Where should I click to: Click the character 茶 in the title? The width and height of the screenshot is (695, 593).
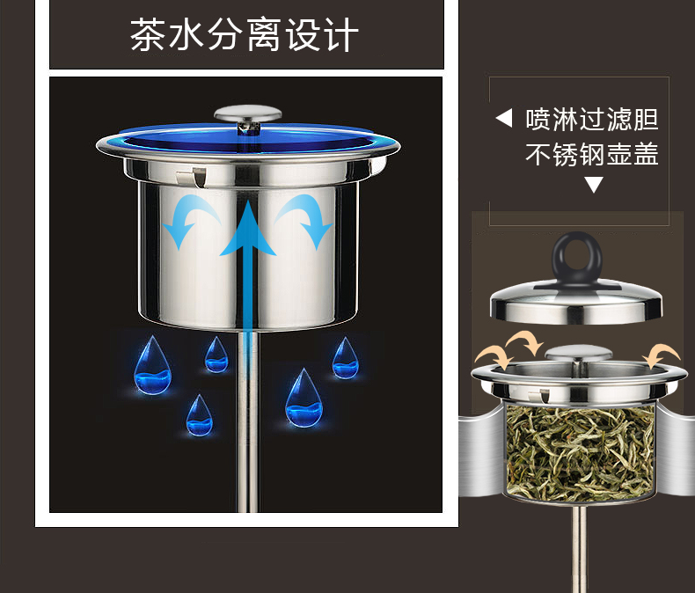pos(148,34)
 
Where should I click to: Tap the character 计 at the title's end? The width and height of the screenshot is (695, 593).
pos(340,34)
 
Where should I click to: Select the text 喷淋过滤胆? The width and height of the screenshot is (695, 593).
pos(592,120)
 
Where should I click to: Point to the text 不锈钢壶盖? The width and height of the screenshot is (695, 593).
pos(592,154)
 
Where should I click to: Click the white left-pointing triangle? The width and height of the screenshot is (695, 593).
pos(504,118)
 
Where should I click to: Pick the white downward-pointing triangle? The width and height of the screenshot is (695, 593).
pos(594,185)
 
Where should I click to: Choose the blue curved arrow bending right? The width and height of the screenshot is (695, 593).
pos(305,218)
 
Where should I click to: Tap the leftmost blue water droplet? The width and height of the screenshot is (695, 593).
pos(152,366)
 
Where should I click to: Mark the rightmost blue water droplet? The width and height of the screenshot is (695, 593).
pos(345,359)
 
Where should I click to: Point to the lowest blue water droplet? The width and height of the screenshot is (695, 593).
pos(199,416)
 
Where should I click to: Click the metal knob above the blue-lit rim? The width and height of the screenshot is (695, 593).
pos(248,117)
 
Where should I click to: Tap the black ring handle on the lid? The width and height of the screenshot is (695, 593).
pos(576,258)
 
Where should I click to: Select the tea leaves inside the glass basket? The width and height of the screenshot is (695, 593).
pos(580,452)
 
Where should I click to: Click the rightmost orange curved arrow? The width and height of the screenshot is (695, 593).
pos(662,355)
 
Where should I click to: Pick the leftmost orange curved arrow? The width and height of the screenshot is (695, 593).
pos(494,357)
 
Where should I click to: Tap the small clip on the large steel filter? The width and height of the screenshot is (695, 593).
pos(192,177)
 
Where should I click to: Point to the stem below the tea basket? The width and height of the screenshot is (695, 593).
pos(579,549)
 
